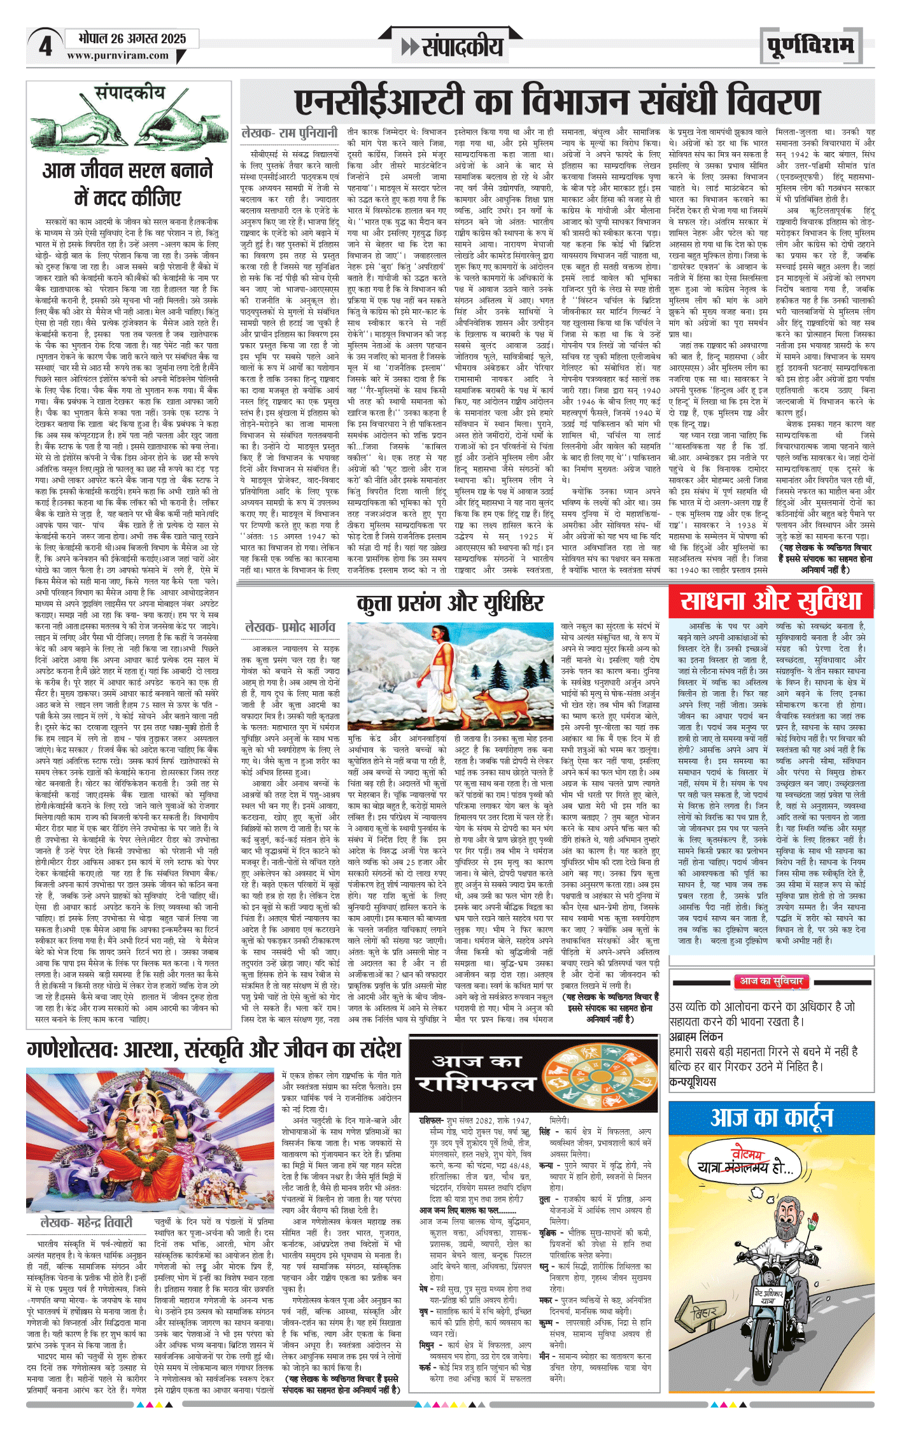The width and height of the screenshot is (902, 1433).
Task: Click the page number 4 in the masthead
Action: click(x=45, y=46)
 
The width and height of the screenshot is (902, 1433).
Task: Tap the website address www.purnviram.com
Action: click(x=118, y=56)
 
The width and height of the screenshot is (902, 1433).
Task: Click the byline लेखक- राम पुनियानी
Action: click(x=290, y=133)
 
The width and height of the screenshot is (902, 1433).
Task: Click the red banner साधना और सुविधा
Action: click(x=770, y=602)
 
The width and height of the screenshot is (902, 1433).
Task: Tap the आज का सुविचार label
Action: click(x=771, y=982)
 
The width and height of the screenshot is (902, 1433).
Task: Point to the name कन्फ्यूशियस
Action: click(x=693, y=1081)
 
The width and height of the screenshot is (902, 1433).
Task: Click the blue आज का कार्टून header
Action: click(x=771, y=1117)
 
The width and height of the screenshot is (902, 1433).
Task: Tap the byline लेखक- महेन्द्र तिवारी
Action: click(x=87, y=1222)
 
